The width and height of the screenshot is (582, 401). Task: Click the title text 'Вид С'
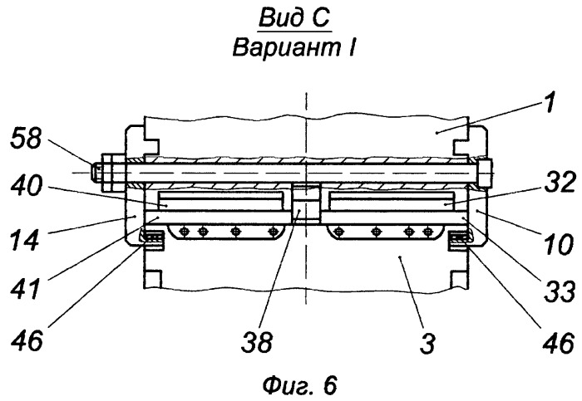pyautogui.click(x=294, y=18)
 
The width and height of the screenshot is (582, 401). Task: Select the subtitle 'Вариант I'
pyautogui.click(x=294, y=48)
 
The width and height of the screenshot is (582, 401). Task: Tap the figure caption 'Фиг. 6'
pyautogui.click(x=300, y=386)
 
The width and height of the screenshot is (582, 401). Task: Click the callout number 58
pyautogui.click(x=25, y=138)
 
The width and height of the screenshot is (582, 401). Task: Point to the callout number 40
pyautogui.click(x=27, y=185)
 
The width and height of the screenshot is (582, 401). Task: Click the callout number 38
pyautogui.click(x=257, y=340)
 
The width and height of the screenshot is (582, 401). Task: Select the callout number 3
pyautogui.click(x=427, y=342)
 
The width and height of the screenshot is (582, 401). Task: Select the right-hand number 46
pyautogui.click(x=558, y=341)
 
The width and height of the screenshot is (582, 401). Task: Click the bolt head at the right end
pyautogui.click(x=485, y=173)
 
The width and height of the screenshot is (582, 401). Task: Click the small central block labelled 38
pyautogui.click(x=306, y=203)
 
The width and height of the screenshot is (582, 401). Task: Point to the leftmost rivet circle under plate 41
pyautogui.click(x=184, y=232)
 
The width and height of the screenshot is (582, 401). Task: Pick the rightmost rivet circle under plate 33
pyautogui.click(x=428, y=232)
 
